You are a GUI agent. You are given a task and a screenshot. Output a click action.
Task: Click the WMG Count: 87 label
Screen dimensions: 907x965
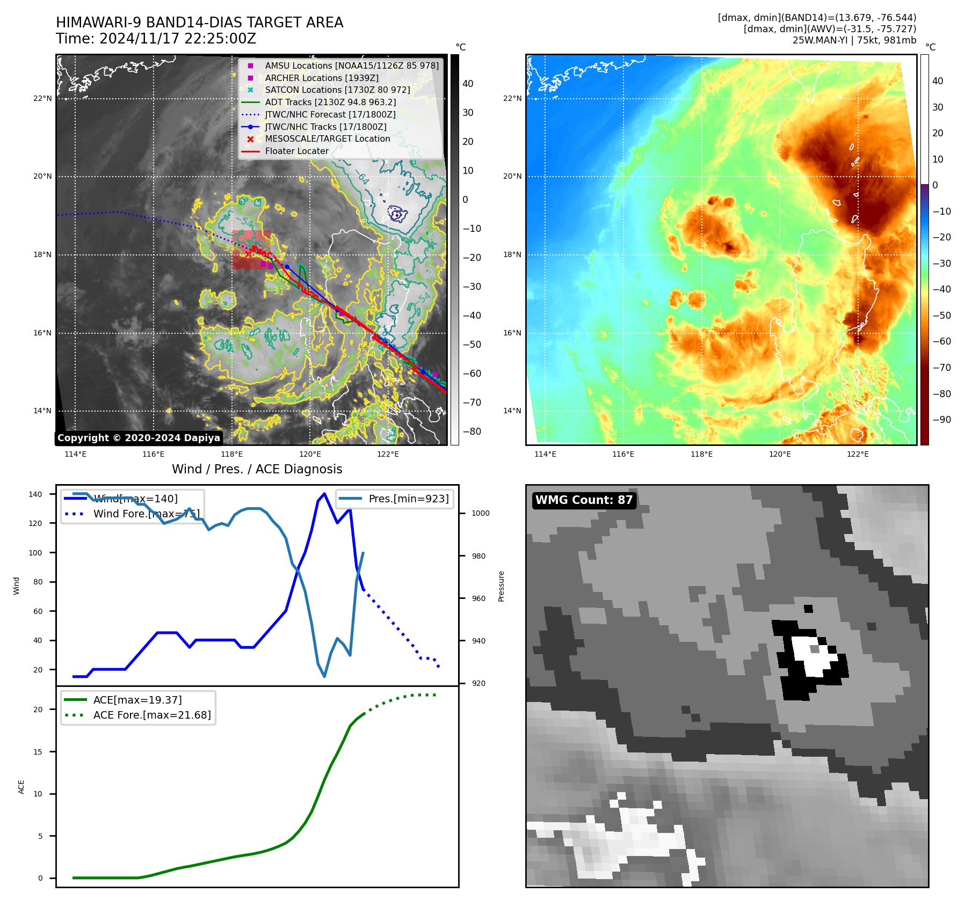tap(584, 500)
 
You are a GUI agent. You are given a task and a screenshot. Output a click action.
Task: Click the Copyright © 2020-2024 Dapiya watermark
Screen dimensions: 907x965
tap(139, 438)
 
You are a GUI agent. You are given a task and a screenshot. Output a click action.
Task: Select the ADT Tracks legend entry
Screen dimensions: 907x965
tap(330, 102)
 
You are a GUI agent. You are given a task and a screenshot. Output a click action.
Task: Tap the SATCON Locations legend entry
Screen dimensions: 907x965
tap(337, 90)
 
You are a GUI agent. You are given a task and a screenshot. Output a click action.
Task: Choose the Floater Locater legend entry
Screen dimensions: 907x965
tap(296, 151)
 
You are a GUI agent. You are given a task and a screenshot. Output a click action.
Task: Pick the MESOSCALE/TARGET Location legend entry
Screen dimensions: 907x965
tap(327, 138)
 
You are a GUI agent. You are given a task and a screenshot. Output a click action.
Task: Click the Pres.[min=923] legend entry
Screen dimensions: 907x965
tap(408, 499)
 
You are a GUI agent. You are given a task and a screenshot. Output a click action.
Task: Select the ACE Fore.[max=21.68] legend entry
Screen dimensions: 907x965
tap(152, 715)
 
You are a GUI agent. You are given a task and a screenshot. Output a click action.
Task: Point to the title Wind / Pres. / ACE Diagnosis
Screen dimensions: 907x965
tap(257, 469)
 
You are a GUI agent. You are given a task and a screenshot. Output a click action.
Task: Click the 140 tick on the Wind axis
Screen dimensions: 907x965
tap(35, 494)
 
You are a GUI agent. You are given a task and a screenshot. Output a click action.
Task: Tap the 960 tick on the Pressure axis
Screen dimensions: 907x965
tap(478, 598)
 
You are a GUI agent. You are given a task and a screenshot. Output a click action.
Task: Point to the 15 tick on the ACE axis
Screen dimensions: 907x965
tap(38, 752)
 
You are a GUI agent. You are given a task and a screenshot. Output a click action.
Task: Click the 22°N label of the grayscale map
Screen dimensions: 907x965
tap(42, 98)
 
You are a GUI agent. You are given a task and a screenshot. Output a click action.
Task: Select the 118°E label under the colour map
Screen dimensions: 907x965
tap(701, 454)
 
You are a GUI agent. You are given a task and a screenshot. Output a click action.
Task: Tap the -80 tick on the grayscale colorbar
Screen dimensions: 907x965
tap(472, 431)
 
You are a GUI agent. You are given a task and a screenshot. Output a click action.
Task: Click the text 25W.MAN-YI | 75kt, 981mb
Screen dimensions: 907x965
tap(854, 40)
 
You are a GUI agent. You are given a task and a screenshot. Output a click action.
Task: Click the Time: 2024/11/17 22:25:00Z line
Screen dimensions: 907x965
tap(156, 39)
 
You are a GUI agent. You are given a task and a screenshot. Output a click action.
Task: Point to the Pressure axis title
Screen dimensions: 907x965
tap(501, 586)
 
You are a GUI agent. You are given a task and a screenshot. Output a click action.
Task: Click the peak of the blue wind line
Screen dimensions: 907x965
tap(324, 493)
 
